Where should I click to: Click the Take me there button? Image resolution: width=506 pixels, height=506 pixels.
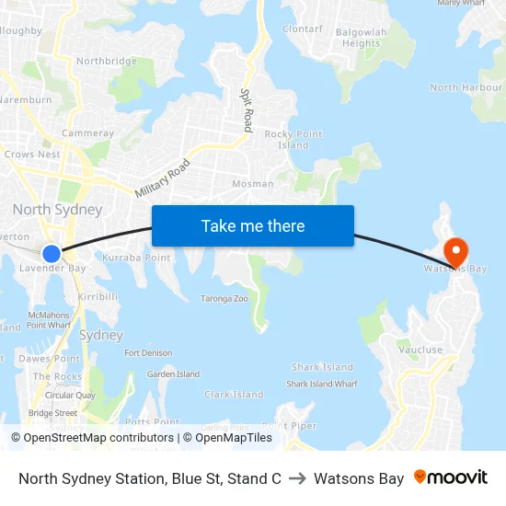click(x=253, y=225)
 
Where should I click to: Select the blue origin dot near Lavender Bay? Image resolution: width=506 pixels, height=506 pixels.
click(x=52, y=253)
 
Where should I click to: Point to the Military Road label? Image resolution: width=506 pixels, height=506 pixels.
click(x=162, y=178)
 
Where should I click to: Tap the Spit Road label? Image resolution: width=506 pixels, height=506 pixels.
click(x=247, y=109)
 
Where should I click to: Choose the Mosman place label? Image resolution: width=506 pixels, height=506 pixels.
click(x=252, y=184)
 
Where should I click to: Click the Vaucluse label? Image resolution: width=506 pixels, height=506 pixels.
click(x=420, y=350)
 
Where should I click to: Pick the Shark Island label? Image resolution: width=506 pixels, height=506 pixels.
click(x=322, y=367)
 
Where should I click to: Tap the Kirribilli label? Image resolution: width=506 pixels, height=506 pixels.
click(x=98, y=297)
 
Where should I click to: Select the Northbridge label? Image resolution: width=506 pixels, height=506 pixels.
click(x=107, y=62)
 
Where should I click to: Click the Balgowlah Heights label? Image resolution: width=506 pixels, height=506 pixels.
click(x=360, y=38)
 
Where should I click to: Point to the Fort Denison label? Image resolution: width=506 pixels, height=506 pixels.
click(x=148, y=353)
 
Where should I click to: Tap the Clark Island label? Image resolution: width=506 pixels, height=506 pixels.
click(x=234, y=395)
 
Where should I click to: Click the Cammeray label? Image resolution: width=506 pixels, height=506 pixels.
click(x=87, y=133)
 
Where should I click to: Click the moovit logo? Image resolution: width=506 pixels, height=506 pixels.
click(x=451, y=477)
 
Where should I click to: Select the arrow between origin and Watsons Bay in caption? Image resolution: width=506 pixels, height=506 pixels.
click(x=297, y=478)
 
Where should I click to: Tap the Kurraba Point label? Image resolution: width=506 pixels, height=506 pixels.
click(x=136, y=258)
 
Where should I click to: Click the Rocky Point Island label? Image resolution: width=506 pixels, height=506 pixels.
click(x=293, y=140)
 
